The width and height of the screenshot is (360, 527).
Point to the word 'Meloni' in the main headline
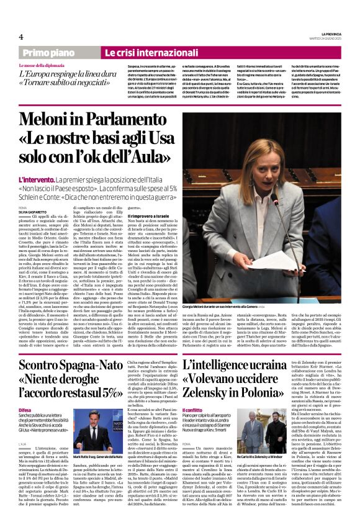[54, 122]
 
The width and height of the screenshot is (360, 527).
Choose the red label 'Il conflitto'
[201, 410]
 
